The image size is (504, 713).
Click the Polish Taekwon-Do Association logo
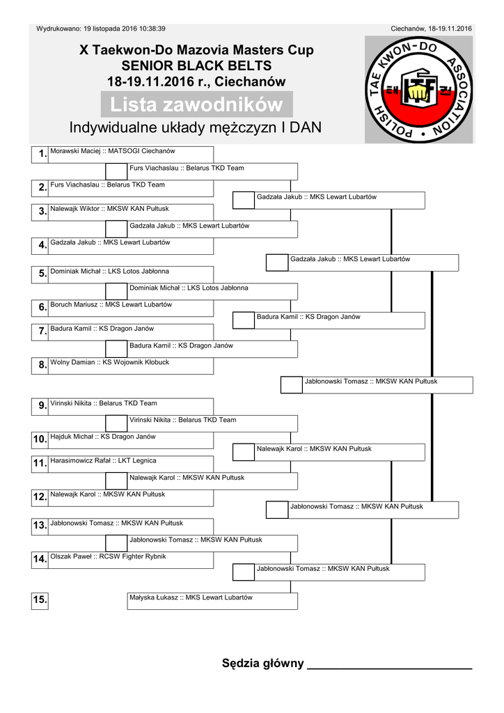pyautogui.click(x=418, y=89)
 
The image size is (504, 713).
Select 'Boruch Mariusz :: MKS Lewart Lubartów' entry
pyautogui.click(x=111, y=305)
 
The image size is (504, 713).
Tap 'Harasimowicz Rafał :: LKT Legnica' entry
pyautogui.click(x=104, y=460)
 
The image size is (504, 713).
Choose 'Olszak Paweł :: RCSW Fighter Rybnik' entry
pyautogui.click(x=109, y=556)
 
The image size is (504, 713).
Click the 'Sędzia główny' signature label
pyautogui.click(x=262, y=663)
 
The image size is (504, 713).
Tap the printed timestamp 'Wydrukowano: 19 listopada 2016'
pyautogui.click(x=101, y=29)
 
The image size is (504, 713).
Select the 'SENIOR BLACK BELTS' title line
pyautogui.click(x=196, y=66)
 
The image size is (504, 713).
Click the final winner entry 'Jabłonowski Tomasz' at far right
pyautogui.click(x=371, y=382)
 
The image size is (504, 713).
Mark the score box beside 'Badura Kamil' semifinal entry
pyautogui.click(x=244, y=320)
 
